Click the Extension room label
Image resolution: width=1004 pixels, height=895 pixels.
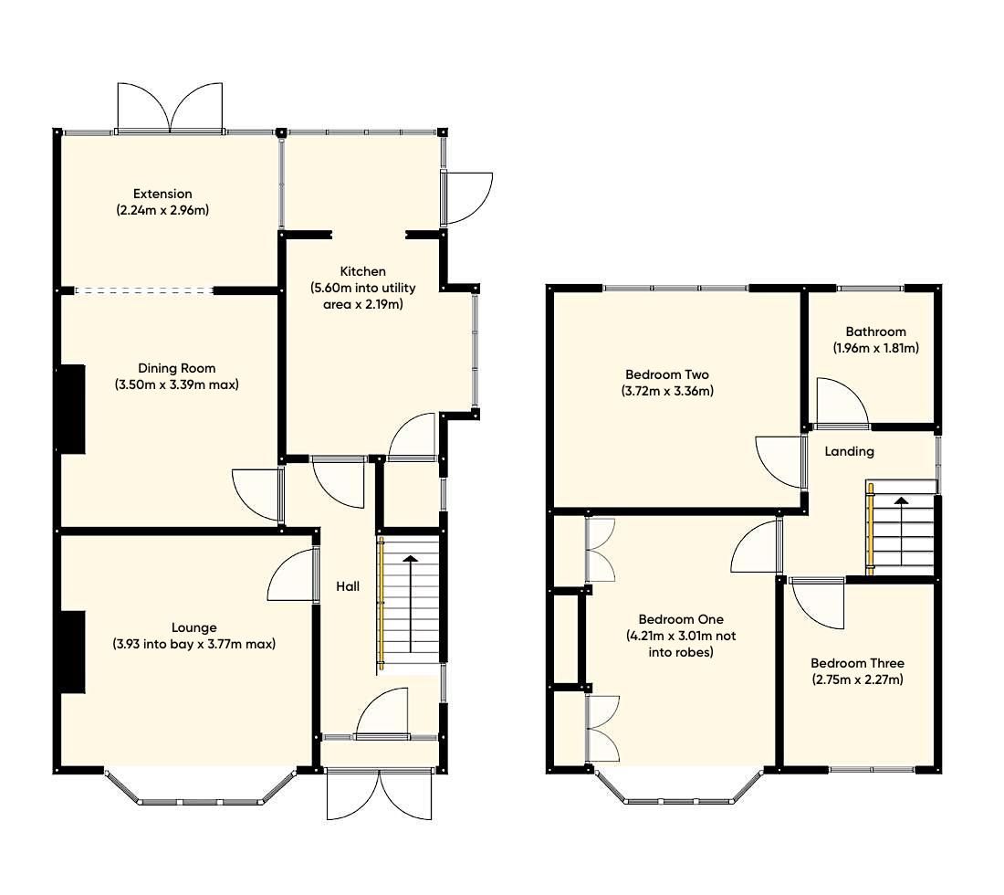click(x=162, y=194)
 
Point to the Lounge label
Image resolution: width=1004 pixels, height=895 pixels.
click(x=194, y=627)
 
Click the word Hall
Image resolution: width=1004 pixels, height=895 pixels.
click(x=347, y=586)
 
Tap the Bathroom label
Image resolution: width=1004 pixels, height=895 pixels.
click(x=875, y=332)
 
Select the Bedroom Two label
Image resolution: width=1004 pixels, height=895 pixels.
click(x=666, y=374)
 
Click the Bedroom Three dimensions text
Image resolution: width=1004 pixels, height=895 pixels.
click(x=858, y=679)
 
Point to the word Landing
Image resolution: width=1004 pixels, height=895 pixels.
click(x=849, y=451)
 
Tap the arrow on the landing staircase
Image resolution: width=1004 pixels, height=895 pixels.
click(x=901, y=501)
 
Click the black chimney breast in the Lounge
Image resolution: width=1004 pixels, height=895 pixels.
click(x=73, y=652)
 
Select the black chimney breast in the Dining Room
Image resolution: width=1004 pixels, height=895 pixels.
click(x=72, y=408)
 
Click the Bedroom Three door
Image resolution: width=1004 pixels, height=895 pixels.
click(x=817, y=603)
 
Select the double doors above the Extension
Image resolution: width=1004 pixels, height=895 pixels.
click(x=171, y=108)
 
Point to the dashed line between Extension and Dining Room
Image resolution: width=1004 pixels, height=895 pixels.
click(x=144, y=291)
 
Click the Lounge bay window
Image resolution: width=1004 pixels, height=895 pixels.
click(x=200, y=795)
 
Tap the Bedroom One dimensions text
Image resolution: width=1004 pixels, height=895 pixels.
click(x=669, y=644)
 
